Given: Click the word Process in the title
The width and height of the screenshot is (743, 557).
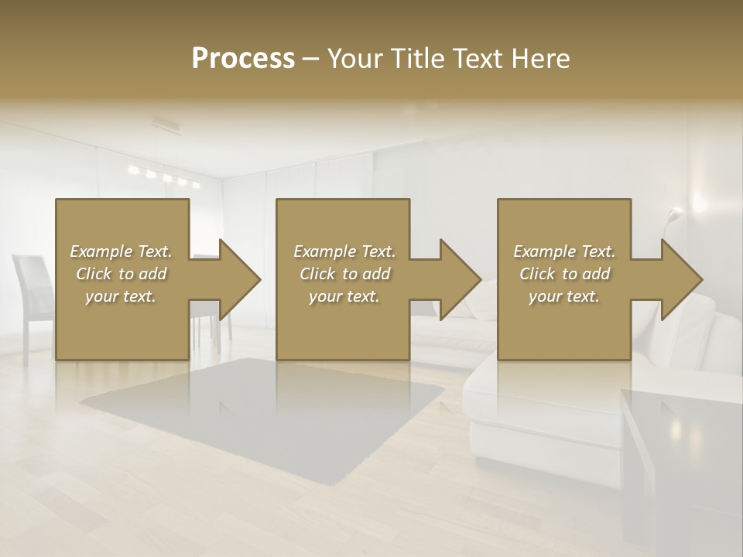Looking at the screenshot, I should click(243, 59).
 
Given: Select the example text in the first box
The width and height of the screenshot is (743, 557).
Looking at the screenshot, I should click(121, 274).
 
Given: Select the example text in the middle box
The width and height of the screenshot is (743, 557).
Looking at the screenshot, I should click(344, 274).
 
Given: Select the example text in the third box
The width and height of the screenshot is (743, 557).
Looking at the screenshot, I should click(564, 274).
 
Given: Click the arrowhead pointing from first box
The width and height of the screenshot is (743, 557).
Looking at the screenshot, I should click(236, 279).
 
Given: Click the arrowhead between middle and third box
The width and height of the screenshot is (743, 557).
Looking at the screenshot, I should click(457, 279).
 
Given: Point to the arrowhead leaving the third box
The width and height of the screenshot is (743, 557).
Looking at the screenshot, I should click(679, 279).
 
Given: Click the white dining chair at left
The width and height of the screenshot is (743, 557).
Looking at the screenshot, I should click(31, 294).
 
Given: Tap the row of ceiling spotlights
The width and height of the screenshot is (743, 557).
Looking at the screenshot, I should click(165, 177).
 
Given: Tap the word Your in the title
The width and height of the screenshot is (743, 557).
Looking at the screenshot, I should click(356, 59).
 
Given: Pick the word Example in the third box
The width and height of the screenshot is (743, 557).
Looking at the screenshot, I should click(545, 251).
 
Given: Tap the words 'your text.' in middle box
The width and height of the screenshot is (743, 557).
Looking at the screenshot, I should click(344, 296).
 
